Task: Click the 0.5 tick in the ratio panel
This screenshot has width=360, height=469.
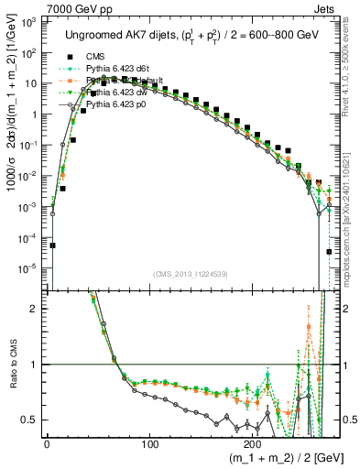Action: pyautogui.click(x=34, y=420)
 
